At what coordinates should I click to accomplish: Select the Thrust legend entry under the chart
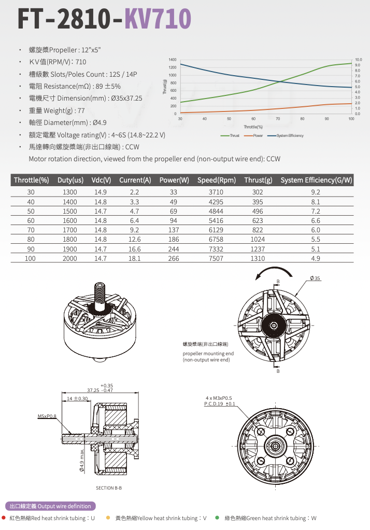[x=230, y=135]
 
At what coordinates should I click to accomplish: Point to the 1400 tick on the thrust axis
[x=173, y=60]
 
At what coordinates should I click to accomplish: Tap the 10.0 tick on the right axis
[x=358, y=60]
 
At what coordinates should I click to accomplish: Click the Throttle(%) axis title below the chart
[x=253, y=127]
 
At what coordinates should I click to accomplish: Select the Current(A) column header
[x=135, y=180]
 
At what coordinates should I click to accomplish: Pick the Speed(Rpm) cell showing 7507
[x=216, y=258]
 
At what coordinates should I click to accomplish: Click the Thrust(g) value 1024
[x=258, y=240]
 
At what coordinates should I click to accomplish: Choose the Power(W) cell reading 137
[x=174, y=230]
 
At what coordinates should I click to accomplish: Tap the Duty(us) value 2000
[x=69, y=258]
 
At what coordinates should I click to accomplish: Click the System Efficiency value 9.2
[x=316, y=192]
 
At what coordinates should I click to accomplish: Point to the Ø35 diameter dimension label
[x=315, y=278]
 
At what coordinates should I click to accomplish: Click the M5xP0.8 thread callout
[x=47, y=416]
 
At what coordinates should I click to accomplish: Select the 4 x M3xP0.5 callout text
[x=220, y=398]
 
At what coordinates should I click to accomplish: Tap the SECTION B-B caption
[x=109, y=488]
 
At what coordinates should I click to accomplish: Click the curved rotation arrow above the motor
[x=278, y=273]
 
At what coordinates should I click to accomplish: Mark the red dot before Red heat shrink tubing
[x=4, y=518]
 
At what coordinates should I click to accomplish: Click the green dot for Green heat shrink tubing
[x=217, y=518]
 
